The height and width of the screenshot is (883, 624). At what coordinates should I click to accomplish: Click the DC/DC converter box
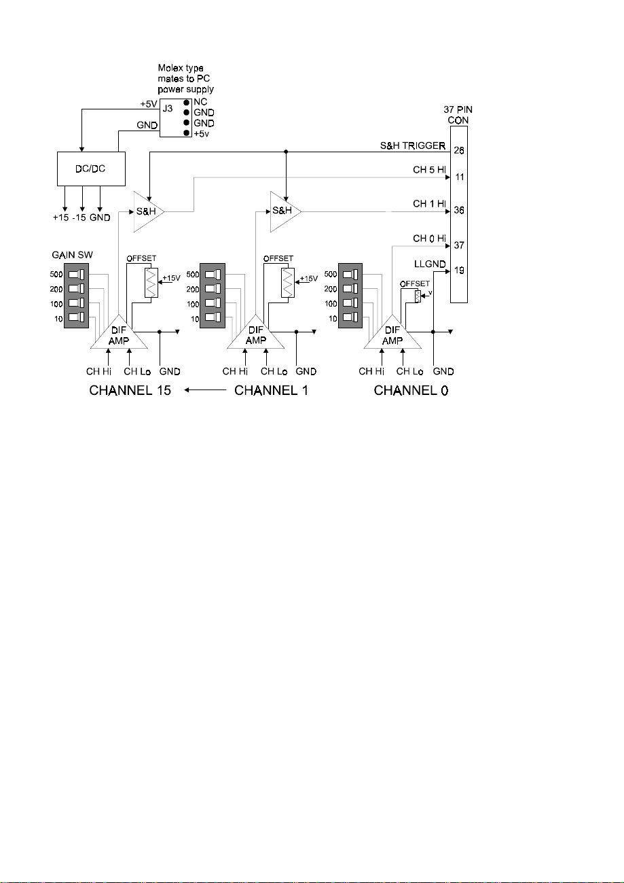point(92,169)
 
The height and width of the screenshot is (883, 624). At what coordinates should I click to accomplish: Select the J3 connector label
point(168,108)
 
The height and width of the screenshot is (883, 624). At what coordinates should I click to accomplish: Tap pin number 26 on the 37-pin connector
point(458,150)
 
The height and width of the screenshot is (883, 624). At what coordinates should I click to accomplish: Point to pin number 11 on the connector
point(460,177)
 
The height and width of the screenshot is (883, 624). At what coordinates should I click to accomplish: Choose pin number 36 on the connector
point(458,210)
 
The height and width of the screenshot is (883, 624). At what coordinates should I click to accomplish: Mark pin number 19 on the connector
point(459,271)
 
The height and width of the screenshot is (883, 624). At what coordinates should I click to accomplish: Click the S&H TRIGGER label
point(413,146)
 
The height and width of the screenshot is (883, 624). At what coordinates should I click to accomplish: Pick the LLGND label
point(430,264)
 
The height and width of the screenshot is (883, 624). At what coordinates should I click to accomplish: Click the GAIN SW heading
point(73,255)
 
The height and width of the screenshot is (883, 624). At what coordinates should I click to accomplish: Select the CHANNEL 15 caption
point(130,390)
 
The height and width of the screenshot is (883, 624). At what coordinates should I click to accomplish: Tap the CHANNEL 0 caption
point(411,390)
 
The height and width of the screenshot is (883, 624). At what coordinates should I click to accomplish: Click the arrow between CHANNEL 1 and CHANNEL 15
point(205,390)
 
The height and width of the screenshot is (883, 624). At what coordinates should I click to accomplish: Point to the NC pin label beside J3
point(200,102)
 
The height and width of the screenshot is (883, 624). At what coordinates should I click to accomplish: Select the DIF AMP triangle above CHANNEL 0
point(392,332)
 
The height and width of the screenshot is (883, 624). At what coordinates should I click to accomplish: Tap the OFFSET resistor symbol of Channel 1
point(288,283)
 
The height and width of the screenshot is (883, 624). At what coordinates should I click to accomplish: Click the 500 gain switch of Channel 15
point(76,275)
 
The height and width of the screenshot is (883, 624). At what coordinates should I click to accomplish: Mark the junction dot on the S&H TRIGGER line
point(287,152)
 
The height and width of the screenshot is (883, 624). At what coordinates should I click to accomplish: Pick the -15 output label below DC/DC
point(79,218)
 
